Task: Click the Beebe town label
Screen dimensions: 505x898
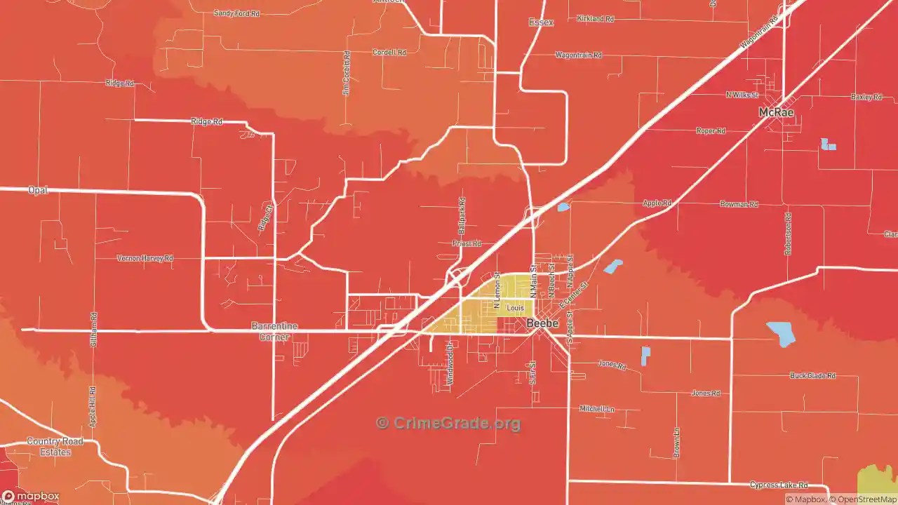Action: click(x=542, y=323)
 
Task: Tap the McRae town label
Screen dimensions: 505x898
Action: click(x=777, y=112)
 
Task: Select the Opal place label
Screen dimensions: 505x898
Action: click(x=37, y=190)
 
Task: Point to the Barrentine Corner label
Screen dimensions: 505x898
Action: click(x=274, y=331)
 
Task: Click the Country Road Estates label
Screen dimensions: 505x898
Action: click(x=55, y=447)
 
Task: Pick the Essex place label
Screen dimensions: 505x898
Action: click(x=541, y=22)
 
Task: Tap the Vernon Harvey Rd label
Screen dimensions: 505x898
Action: click(x=145, y=258)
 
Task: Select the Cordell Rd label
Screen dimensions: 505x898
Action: click(x=389, y=53)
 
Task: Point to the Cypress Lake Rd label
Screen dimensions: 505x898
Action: click(x=778, y=485)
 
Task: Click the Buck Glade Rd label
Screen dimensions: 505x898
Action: click(x=812, y=376)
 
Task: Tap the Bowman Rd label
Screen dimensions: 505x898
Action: click(x=739, y=204)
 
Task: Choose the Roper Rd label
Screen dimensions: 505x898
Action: click(x=711, y=131)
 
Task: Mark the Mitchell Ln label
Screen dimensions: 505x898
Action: click(x=596, y=408)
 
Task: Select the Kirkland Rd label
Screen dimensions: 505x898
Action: click(x=595, y=19)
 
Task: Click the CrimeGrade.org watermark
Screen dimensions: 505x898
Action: click(x=448, y=423)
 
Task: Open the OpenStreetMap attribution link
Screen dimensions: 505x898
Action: click(x=864, y=499)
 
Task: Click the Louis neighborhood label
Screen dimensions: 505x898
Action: click(x=515, y=308)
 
